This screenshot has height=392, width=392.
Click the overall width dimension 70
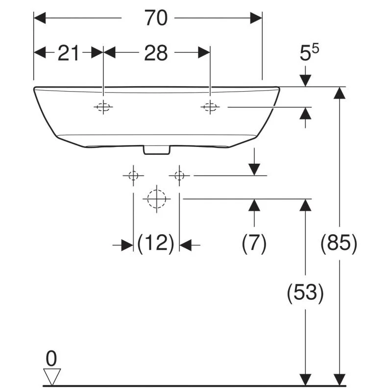tap(156, 18)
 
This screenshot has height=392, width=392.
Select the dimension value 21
tap(68, 53)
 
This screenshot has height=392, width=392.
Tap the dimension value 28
tap(156, 53)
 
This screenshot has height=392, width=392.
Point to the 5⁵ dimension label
tap(309, 52)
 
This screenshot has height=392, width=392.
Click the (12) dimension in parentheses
tap(156, 243)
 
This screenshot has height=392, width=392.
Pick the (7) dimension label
tap(254, 243)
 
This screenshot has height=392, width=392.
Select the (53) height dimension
tap(305, 293)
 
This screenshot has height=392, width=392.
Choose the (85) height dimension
tap(339, 243)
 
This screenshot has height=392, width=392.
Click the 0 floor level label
tap(51, 359)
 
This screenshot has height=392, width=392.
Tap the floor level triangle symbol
tap(52, 377)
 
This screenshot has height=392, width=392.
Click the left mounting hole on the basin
tap(103, 107)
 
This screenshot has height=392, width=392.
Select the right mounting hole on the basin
tap(210, 107)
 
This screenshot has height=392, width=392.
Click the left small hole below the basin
tap(133, 175)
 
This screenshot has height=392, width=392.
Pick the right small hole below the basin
tap(179, 175)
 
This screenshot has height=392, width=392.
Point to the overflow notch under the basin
tap(157, 150)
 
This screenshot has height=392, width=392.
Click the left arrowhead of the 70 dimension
tap(40, 18)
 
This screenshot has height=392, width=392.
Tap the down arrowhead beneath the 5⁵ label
tap(305, 80)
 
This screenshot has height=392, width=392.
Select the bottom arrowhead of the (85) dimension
tap(339, 380)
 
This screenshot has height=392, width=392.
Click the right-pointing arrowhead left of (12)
tap(127, 245)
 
